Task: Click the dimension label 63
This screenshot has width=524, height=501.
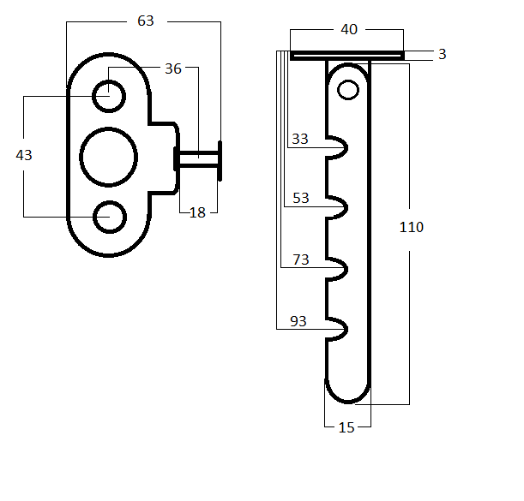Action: [146, 21]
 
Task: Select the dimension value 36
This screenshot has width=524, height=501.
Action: [173, 69]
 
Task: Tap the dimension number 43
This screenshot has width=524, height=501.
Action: [24, 155]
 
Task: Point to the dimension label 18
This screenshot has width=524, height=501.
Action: [197, 212]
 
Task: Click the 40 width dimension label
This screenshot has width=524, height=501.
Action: [349, 30]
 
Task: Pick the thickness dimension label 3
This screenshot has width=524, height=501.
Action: [442, 54]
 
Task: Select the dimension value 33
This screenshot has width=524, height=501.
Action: [300, 139]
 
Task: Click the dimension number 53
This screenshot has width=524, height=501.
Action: [300, 198]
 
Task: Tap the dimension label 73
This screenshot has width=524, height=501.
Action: [300, 259]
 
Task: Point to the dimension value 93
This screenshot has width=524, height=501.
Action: [298, 321]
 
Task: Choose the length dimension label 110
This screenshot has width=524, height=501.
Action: [412, 227]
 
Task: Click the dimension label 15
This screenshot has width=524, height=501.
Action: [346, 427]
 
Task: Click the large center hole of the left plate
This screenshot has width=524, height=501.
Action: [108, 157]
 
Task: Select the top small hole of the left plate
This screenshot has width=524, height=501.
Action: [109, 95]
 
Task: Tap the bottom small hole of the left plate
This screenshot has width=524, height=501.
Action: [109, 217]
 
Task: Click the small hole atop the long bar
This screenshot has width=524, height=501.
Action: [348, 88]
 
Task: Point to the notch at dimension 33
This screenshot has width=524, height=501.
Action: [337, 149]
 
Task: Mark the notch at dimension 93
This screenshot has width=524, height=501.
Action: [337, 329]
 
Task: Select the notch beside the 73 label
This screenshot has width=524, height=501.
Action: [337, 269]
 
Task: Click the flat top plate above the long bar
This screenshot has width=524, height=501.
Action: [346, 56]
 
